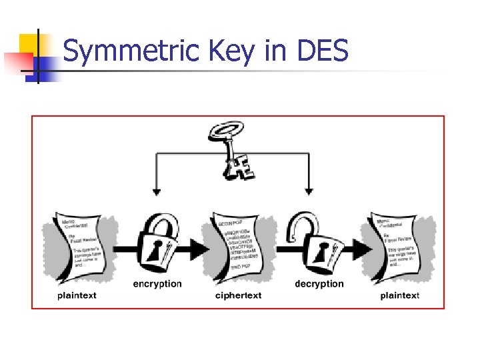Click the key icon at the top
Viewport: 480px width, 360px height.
pos(230,149)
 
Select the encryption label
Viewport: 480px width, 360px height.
pos(157,284)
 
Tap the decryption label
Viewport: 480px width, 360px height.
pos(319,284)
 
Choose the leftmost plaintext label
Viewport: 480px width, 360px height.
pos(77,295)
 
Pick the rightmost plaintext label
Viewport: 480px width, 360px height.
pos(400,295)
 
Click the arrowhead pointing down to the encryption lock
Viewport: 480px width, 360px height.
pos(156,192)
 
